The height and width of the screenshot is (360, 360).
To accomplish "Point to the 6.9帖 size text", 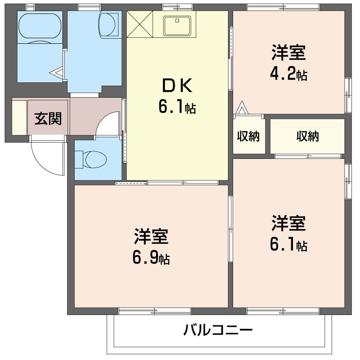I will point(151,258).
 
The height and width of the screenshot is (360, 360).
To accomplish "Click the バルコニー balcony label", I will point(218,331).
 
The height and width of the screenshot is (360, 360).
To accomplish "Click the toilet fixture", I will point(91,159).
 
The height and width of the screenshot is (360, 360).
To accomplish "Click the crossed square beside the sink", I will point(140,24).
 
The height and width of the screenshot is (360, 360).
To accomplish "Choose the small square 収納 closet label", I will point(248,136).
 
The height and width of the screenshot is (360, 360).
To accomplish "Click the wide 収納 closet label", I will point(307,136).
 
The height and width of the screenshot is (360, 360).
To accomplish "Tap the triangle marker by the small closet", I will point(242,108).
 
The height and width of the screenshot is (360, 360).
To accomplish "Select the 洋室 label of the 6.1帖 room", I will point(288,223).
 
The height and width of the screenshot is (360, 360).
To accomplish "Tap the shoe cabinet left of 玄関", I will point(19,117).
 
